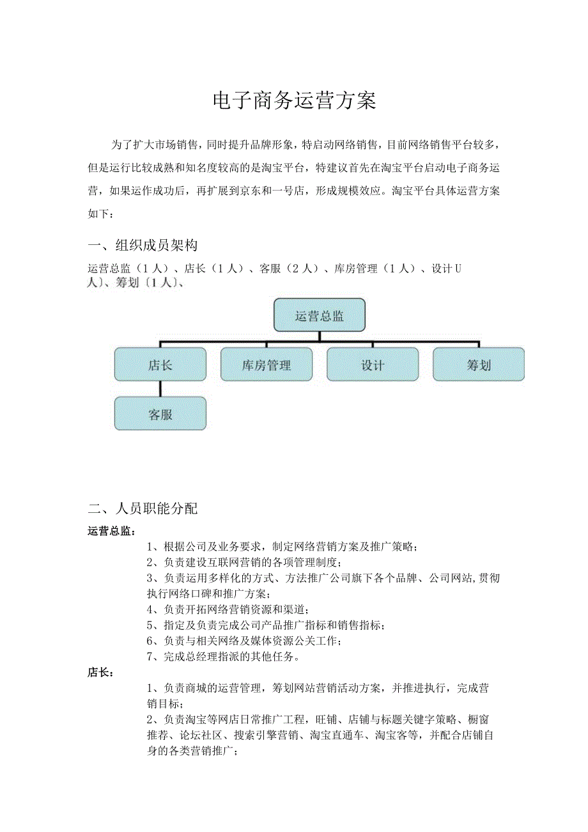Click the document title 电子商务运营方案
294,101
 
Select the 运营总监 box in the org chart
320,315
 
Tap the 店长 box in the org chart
160,365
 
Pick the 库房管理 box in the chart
267,365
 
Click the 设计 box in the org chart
373,365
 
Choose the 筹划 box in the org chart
479,365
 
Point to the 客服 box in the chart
160,414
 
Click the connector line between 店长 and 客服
160,389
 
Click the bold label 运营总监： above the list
111,531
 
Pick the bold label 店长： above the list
100,673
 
